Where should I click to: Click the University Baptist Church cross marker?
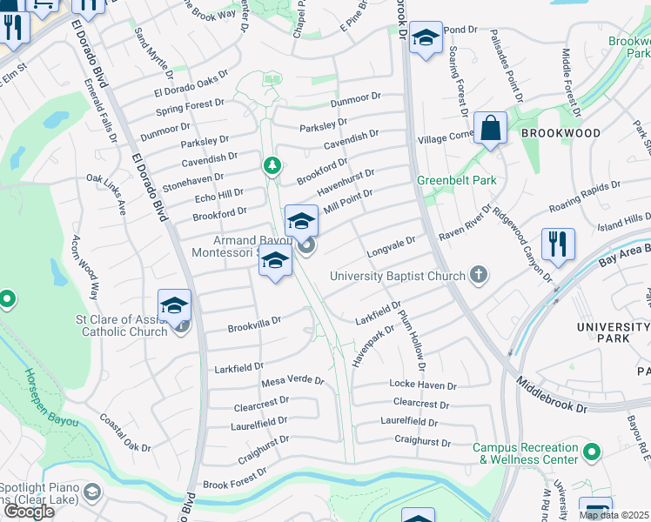(477, 276)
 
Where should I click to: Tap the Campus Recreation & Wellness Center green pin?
(592, 452)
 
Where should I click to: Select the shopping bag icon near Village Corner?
(491, 128)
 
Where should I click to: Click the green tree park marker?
(272, 164)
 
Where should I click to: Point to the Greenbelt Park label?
(456, 180)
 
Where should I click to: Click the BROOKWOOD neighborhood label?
(560, 133)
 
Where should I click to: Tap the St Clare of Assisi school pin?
(174, 307)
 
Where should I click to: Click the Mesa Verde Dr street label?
(292, 381)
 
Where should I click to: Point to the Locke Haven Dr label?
(422, 385)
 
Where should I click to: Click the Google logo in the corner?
(28, 511)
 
